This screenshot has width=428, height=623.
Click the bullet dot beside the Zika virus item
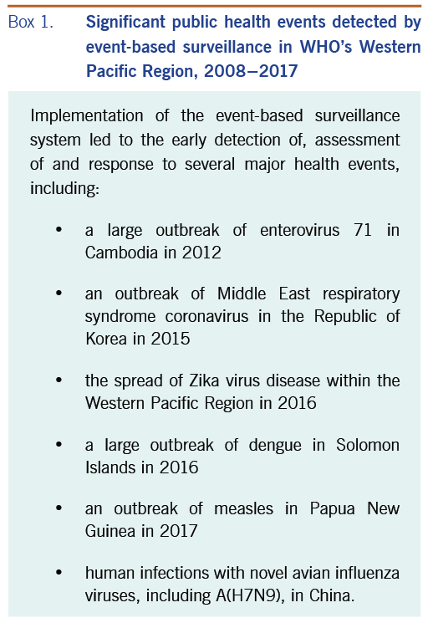[x=59, y=380]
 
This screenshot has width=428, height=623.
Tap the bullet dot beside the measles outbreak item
[x=59, y=508]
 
